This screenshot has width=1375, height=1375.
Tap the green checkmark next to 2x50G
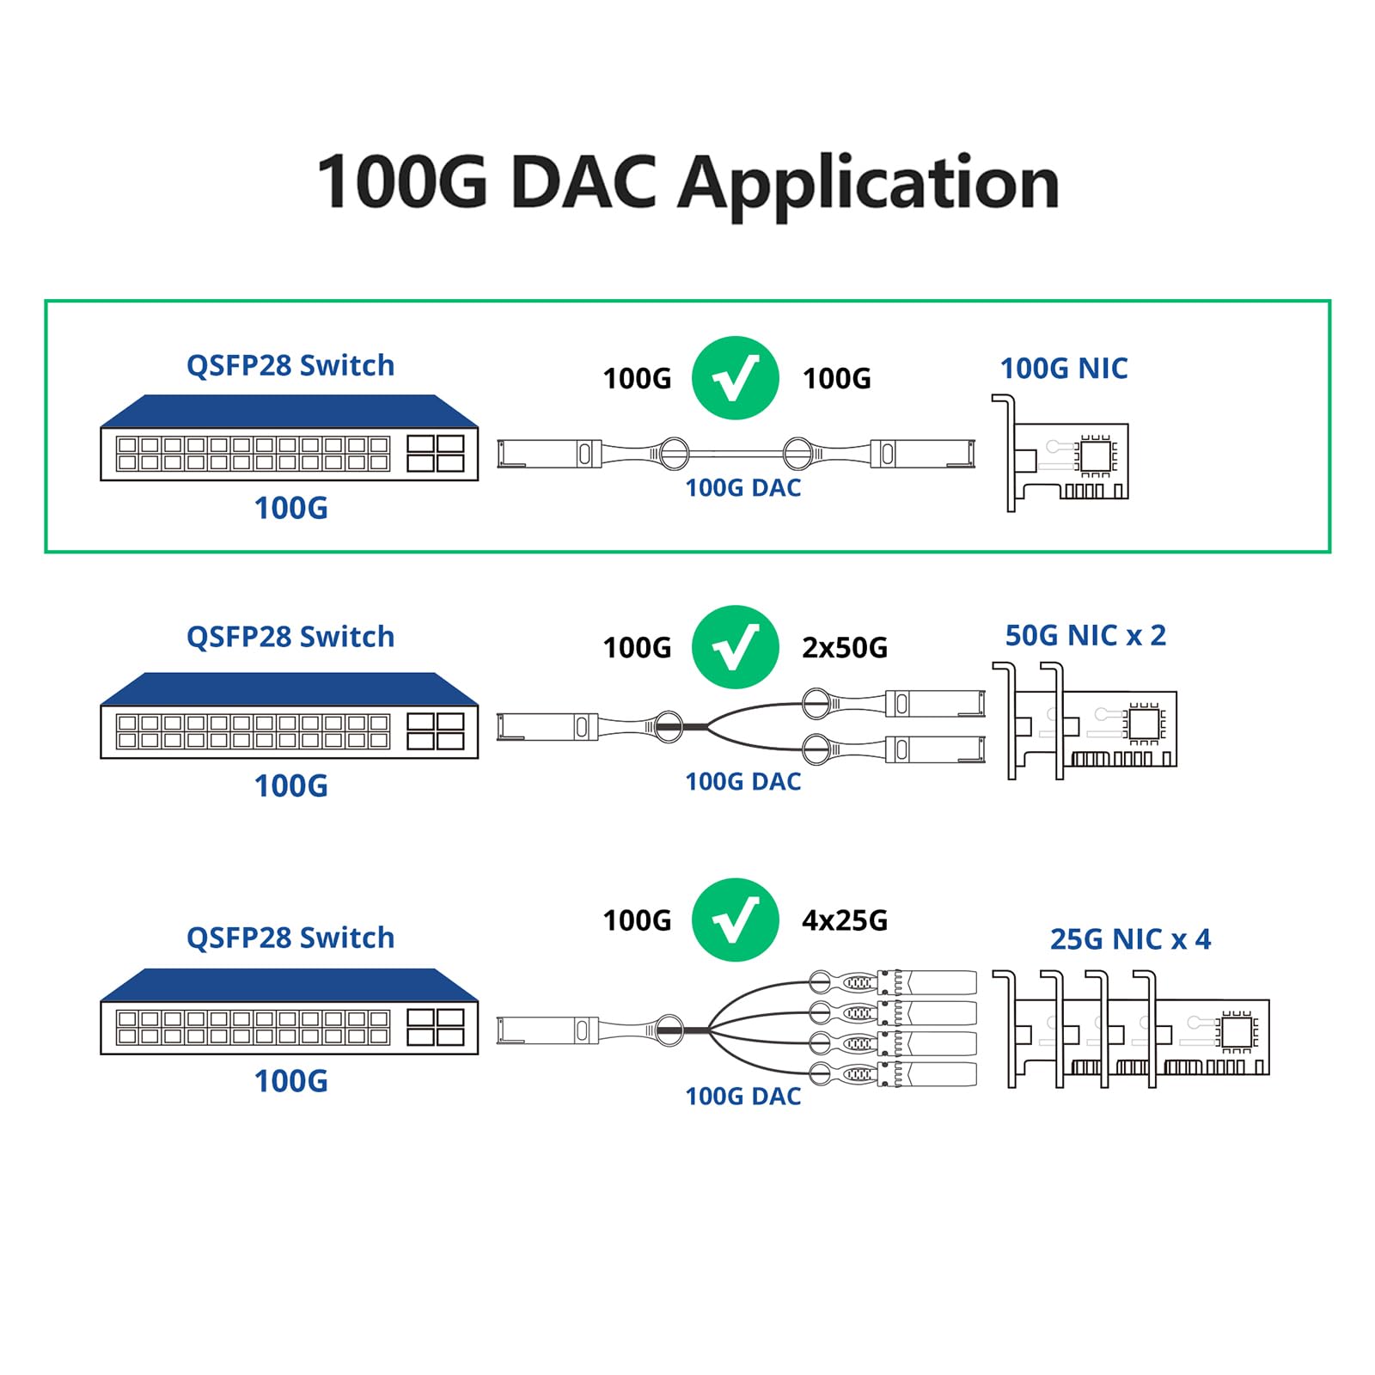tap(735, 647)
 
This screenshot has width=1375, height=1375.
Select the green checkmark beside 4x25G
tap(735, 920)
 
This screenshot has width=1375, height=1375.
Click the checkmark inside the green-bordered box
tap(735, 378)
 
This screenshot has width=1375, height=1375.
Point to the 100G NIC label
tap(1063, 369)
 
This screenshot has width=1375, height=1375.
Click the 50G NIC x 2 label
tap(1085, 636)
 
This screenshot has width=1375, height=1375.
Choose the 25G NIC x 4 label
tap(1130, 939)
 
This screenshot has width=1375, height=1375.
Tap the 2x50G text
tap(844, 648)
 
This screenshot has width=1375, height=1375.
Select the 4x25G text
tap(844, 920)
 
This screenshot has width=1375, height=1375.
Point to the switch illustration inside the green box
tap(289, 438)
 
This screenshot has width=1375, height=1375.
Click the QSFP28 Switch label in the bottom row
tap(290, 938)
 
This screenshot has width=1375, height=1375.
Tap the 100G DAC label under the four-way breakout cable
tap(742, 1097)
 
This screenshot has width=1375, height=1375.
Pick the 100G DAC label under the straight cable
tap(742, 488)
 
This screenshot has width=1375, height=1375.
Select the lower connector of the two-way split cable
tap(935, 749)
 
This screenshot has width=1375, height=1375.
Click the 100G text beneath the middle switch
tap(290, 786)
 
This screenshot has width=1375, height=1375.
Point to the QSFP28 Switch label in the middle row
tap(290, 637)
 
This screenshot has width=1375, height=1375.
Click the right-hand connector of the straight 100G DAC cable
tap(924, 453)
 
